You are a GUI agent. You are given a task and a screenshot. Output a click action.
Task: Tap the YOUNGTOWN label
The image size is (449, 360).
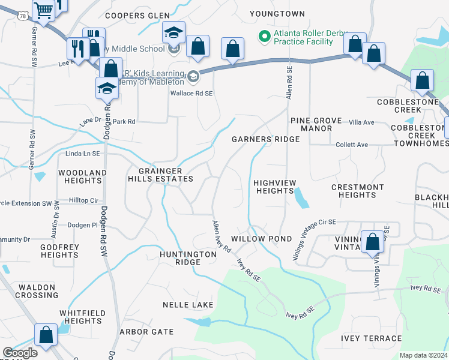pos(277,14)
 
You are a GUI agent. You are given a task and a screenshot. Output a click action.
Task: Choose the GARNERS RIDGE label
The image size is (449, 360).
pos(266,139)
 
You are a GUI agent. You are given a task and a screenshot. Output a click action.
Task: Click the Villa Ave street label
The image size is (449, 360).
pos(362,122)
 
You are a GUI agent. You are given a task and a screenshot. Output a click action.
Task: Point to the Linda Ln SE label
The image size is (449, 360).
pos(83,154)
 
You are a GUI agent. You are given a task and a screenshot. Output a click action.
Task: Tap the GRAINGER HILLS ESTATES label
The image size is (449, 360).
pos(160,175)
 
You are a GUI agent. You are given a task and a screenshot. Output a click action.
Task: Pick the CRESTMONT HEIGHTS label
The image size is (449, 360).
pos(357,191)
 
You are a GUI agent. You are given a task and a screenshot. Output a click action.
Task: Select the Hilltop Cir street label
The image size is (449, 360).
pos(83,200)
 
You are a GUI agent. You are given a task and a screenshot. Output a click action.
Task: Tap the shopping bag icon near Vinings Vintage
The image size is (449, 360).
pos(372,242)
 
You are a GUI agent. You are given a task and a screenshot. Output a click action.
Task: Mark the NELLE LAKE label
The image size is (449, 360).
pos(188,305)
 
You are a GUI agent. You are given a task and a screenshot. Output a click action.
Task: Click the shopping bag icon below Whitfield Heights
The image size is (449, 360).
pos(46,335)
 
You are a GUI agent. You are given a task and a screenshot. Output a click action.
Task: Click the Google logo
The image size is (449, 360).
pos(20,353)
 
